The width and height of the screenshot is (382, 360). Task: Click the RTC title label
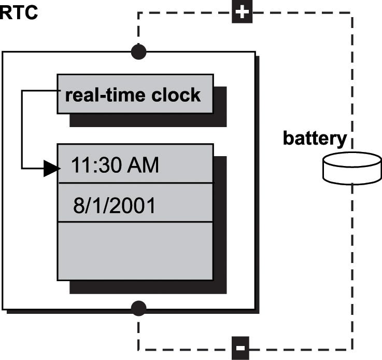point(19,12)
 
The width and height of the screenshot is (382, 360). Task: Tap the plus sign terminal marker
point(242,12)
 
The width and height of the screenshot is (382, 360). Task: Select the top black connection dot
point(138,52)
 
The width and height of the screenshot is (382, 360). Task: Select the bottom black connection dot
point(138,309)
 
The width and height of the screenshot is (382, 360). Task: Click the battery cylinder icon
point(352,168)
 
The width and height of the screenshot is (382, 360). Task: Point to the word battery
point(315,139)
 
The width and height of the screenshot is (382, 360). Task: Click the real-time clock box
point(135,94)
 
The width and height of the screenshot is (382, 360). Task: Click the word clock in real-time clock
point(176,95)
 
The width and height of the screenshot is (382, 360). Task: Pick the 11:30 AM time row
point(135,165)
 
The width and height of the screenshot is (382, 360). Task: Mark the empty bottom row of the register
point(135,251)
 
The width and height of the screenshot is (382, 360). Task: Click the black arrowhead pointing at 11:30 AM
point(51,168)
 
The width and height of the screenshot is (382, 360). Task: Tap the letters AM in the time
point(143,165)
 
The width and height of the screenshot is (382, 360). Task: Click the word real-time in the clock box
point(104,95)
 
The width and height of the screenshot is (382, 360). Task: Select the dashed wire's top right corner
point(352,13)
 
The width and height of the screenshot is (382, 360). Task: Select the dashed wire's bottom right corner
point(352,349)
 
